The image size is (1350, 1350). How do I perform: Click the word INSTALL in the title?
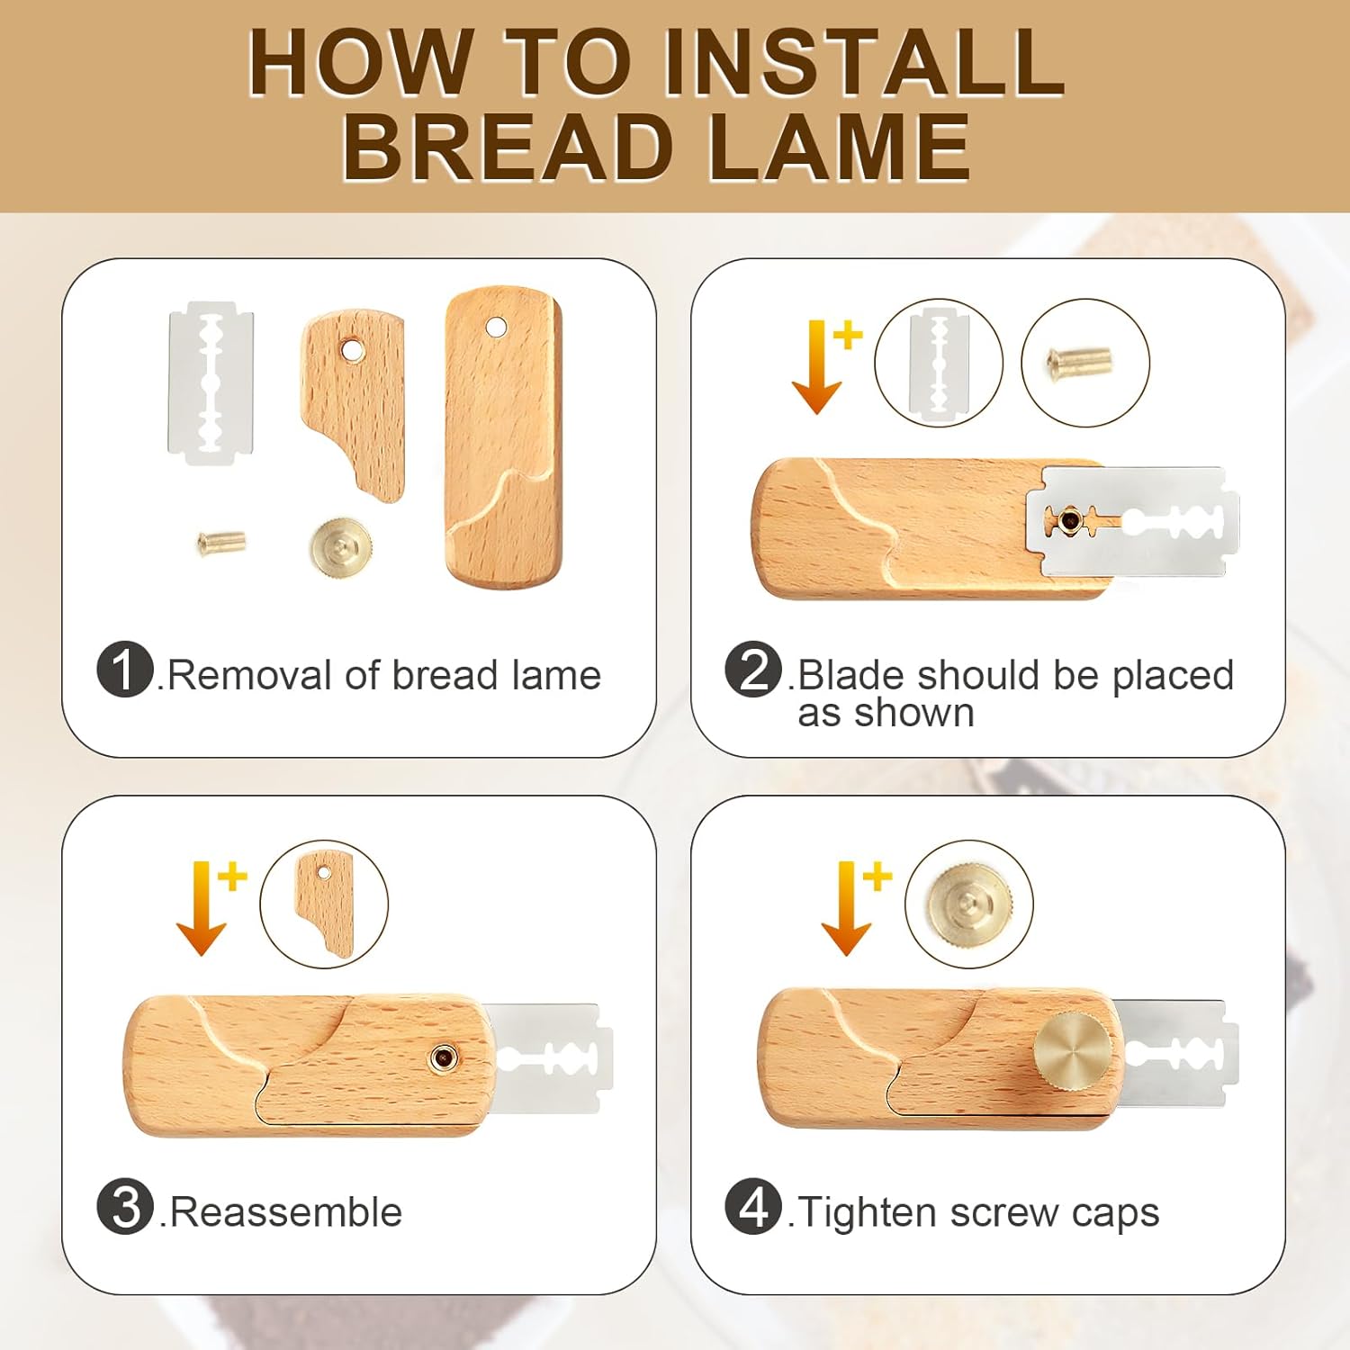[864, 62]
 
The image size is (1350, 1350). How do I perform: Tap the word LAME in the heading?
[839, 148]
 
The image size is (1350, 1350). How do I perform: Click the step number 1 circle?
[125, 670]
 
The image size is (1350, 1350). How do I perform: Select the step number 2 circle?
[753, 670]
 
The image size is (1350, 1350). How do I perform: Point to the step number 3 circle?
[125, 1207]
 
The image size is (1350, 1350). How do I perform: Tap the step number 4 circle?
[753, 1207]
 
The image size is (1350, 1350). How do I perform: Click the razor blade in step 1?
[211, 382]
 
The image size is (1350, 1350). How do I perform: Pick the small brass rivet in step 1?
[221, 542]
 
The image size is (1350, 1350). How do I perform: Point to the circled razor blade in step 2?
[939, 363]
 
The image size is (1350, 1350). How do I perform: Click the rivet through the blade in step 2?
[1070, 519]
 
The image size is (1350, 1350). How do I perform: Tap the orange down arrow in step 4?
[845, 907]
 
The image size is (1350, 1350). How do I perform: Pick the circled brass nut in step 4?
[969, 904]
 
